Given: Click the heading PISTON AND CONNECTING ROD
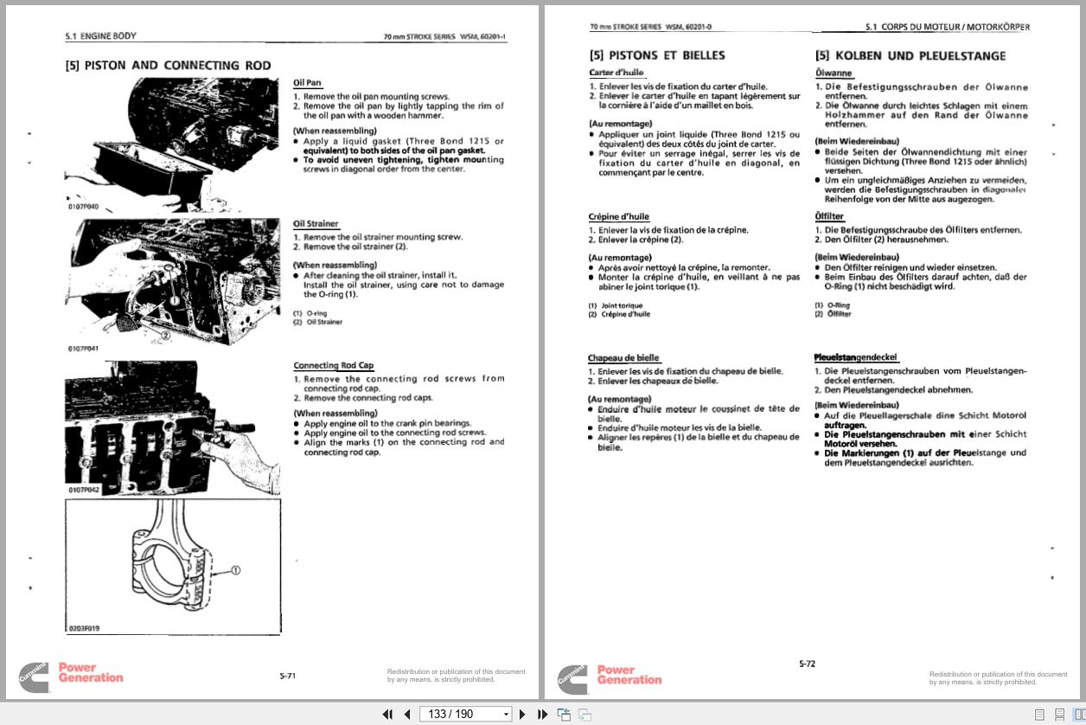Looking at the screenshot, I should click(168, 66).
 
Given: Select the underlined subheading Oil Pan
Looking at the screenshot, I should click(307, 83).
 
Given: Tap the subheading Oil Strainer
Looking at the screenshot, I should click(316, 224).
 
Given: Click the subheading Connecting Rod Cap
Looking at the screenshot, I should click(333, 366).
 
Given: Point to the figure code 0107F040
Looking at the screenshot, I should click(83, 208).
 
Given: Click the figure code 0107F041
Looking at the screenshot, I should click(83, 349).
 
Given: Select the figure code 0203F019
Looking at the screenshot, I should click(83, 628).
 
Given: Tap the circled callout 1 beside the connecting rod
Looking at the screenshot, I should click(235, 570).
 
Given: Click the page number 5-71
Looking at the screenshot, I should click(287, 676).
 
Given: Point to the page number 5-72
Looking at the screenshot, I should click(807, 664).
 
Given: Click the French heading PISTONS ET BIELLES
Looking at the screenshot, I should click(657, 55).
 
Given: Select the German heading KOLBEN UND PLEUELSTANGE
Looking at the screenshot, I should click(910, 56).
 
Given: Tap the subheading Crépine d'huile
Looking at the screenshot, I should click(618, 216).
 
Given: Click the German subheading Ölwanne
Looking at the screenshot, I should click(833, 74).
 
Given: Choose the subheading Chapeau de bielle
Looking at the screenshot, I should click(623, 358).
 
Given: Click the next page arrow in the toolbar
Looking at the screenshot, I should click(522, 714).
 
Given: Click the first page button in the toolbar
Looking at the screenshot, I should click(387, 714).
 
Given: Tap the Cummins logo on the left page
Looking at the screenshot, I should click(35, 677).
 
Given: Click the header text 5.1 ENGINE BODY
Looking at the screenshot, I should click(100, 36).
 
